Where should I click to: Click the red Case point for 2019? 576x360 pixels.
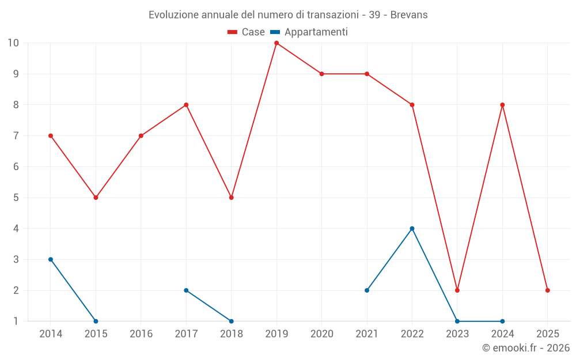tap(276, 43)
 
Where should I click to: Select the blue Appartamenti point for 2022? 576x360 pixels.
tap(412, 229)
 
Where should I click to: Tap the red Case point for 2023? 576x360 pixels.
tap(457, 290)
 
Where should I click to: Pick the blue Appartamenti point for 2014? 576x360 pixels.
tap(51, 259)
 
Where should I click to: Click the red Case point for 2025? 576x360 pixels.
tap(548, 290)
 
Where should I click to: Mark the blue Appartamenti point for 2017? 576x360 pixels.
tap(186, 290)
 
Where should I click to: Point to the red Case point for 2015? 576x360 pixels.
tap(96, 198)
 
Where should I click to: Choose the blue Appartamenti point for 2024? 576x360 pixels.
tap(502, 321)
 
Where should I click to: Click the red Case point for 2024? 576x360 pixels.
tap(502, 105)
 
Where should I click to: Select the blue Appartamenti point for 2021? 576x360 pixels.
tap(367, 290)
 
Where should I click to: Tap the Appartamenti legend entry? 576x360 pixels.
tap(309, 32)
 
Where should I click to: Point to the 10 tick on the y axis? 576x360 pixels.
tap(13, 43)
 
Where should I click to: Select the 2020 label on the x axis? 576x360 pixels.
tap(321, 334)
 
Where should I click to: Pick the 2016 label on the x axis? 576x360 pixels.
tap(141, 334)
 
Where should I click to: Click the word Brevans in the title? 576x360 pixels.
tap(409, 15)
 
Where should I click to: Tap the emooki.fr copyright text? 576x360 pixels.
tap(525, 348)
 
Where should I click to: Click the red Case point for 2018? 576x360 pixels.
tap(232, 198)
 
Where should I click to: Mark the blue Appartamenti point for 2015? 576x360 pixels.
tap(96, 321)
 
